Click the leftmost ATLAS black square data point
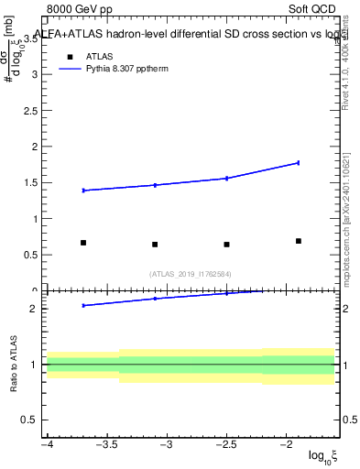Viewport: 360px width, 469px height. tap(83, 243)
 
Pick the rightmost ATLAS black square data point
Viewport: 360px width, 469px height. tap(299, 241)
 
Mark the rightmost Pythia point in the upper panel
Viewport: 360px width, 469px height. tap(299, 163)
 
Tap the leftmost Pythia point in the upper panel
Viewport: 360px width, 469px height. tap(83, 191)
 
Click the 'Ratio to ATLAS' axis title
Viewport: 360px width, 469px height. tap(11, 364)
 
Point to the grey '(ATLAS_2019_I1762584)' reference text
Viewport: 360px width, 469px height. tap(191, 273)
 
